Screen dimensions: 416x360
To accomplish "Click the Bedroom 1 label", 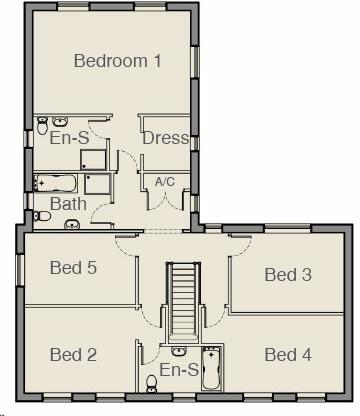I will [x=118, y=61].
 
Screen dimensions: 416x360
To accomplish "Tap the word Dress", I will [x=165, y=138].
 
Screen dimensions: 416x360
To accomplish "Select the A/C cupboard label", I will [x=165, y=181].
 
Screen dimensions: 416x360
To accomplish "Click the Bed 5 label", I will [x=73, y=267].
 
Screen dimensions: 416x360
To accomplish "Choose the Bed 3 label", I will [x=288, y=274].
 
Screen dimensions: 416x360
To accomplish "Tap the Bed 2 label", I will [x=73, y=354].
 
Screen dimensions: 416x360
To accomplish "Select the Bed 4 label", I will [x=288, y=354].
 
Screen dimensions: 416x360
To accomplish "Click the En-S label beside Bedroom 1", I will [x=70, y=138].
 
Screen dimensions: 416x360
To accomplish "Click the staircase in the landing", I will [x=181, y=300].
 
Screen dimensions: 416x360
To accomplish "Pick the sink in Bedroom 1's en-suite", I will [x=59, y=119].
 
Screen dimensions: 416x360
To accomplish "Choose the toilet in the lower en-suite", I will [x=152, y=381].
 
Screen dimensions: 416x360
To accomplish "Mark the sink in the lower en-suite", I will [x=178, y=351].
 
